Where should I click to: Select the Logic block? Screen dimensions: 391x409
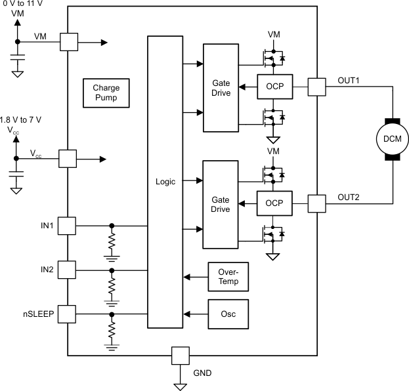click(165, 182)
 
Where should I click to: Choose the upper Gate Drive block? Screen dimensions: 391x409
click(221, 87)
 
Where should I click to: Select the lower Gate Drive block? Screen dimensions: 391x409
click(221, 204)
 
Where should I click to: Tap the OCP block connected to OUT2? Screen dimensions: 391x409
click(274, 204)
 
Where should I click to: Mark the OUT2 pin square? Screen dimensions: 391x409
click(316, 204)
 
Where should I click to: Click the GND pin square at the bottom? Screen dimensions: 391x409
click(180, 356)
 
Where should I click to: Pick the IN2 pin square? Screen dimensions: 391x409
click(68, 270)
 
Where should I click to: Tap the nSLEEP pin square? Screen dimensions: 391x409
click(68, 315)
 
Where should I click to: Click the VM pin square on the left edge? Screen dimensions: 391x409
click(68, 42)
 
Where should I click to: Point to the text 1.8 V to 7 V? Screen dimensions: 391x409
click(21, 119)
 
